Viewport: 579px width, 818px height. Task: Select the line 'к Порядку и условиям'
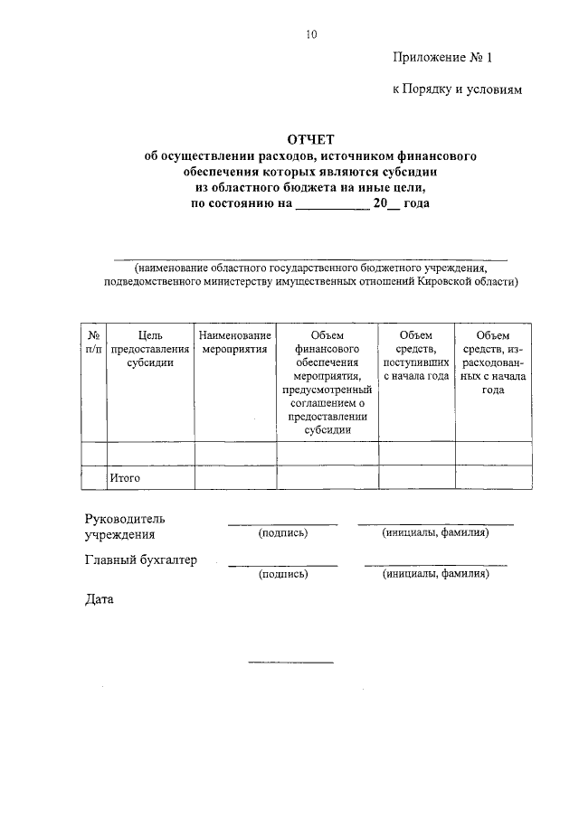457,90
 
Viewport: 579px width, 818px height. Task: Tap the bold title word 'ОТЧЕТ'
310,138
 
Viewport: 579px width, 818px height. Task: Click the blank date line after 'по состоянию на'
332,203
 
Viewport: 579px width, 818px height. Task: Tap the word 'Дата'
99,598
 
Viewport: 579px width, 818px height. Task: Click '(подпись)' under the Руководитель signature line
283,533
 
